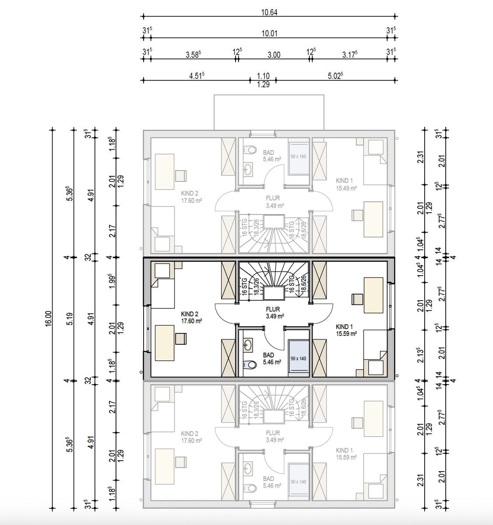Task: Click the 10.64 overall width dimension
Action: point(269,12)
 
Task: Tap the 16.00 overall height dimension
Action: point(48,318)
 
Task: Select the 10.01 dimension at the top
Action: point(269,33)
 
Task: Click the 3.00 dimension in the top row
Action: point(274,55)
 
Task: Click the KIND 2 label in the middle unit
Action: point(190,314)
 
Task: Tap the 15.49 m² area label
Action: point(346,188)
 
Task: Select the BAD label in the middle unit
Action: point(268,355)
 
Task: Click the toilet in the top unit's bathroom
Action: point(250,150)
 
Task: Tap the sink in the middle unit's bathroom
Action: point(248,346)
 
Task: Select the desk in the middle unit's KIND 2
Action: point(163,342)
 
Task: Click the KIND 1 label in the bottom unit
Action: point(344,450)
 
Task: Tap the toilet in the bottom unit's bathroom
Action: point(250,487)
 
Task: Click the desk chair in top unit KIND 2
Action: point(180,175)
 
